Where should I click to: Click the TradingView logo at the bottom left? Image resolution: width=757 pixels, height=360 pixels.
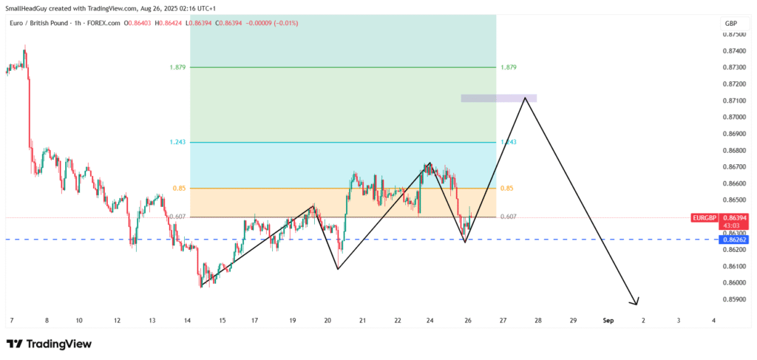click(49, 344)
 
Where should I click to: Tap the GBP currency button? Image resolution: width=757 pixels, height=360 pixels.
click(731, 24)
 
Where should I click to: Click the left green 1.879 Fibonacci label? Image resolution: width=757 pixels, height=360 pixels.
click(177, 67)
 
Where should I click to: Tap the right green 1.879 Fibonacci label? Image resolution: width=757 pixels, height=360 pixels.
click(508, 67)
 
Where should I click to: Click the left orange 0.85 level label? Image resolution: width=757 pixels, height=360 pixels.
click(179, 189)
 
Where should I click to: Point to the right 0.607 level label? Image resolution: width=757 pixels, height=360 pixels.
click(508, 217)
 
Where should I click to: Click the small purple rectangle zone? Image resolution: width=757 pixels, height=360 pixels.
click(498, 98)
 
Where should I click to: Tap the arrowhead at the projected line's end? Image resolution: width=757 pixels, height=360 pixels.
click(635, 302)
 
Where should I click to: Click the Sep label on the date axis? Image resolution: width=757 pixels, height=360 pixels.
click(608, 320)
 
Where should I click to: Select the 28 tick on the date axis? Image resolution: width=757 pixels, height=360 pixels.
click(538, 320)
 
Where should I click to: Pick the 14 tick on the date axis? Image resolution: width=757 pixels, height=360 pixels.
click(188, 320)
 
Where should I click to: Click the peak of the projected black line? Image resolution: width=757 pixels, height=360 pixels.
click(526, 98)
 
